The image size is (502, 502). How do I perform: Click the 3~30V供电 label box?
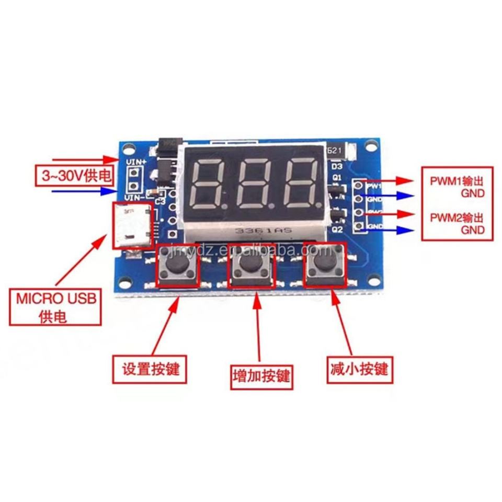click(x=74, y=176)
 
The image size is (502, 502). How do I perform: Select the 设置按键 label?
click(x=150, y=369)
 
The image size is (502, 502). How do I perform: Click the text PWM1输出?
click(x=453, y=182)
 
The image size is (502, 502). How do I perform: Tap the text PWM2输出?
click(x=453, y=217)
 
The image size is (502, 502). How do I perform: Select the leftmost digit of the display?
click(x=209, y=184)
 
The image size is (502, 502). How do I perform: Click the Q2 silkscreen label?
click(x=337, y=229)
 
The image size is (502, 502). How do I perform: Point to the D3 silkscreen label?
click(x=337, y=166)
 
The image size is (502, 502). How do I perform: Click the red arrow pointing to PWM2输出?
click(x=398, y=214)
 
